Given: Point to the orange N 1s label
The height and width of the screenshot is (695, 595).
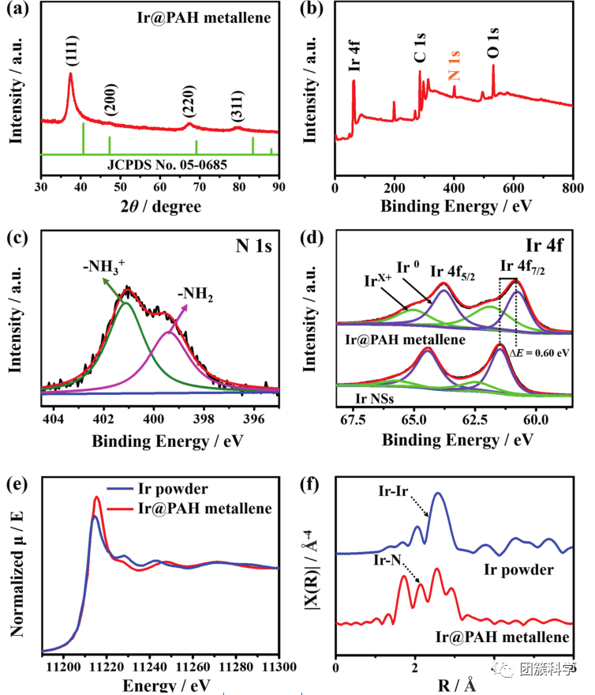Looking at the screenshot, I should tap(454, 64).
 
